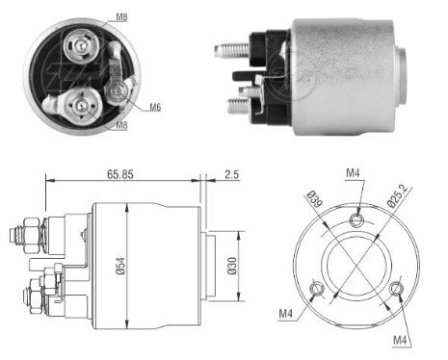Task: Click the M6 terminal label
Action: [154, 106]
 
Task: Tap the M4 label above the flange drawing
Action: [356, 172]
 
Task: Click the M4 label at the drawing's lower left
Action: [286, 314]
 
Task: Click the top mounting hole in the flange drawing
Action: [357, 221]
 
